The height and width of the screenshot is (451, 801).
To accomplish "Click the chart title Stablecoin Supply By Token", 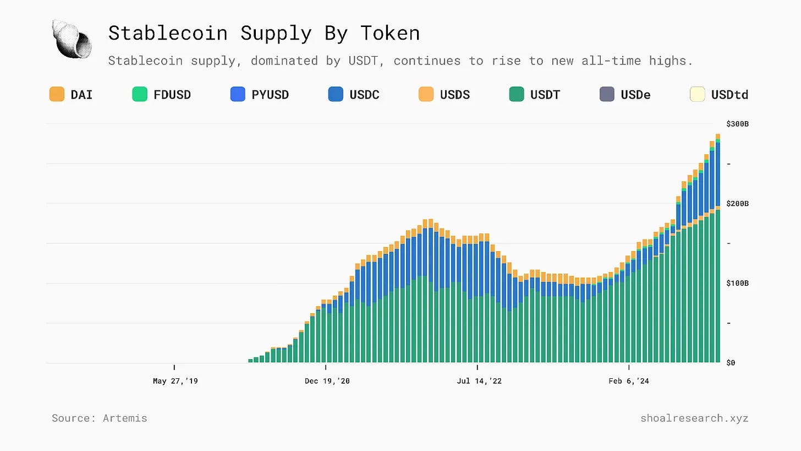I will [264, 33].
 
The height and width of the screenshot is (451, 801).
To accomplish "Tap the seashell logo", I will [72, 38].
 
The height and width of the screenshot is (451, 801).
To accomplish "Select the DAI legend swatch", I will [57, 94].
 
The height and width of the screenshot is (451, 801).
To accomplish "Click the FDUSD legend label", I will [172, 95].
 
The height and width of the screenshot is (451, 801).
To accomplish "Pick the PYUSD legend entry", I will [260, 94].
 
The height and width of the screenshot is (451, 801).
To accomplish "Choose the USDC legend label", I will [364, 95].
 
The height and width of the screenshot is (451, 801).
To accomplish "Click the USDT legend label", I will [545, 95].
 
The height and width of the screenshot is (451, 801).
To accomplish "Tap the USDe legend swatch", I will [607, 94].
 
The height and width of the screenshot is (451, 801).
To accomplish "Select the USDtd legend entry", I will [720, 94].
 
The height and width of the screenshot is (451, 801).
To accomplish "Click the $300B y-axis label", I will [737, 124].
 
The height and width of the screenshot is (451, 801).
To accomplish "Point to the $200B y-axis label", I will [737, 204].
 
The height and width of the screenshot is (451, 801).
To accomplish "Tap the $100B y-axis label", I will [737, 284].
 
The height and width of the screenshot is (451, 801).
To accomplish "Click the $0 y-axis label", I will [731, 363].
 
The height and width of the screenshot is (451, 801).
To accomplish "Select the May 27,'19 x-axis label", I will [175, 381].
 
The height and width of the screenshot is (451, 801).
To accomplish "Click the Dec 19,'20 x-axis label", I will [327, 381].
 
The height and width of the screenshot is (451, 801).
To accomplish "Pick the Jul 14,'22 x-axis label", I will [479, 381].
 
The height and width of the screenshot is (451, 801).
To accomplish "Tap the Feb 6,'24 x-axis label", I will [629, 381].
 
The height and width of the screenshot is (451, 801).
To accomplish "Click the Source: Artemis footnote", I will [100, 418].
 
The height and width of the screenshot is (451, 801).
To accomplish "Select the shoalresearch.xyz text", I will [694, 418].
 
